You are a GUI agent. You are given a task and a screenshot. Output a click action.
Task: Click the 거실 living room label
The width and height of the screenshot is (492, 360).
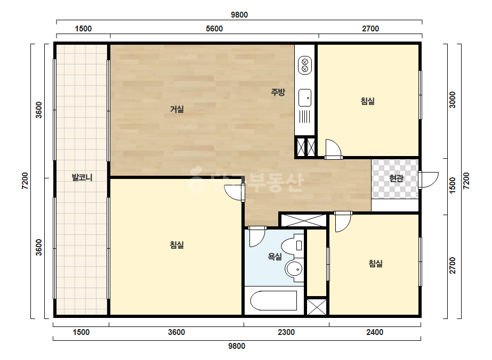click(x=176, y=109)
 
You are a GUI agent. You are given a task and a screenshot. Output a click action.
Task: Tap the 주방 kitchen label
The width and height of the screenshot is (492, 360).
click(x=278, y=92)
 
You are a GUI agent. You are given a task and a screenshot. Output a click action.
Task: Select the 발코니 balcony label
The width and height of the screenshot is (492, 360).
click(x=82, y=177)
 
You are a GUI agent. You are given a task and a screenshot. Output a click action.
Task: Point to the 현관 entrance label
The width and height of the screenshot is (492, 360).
click(x=396, y=178)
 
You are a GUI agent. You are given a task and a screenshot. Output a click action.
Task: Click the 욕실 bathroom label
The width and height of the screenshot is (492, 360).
click(x=275, y=257)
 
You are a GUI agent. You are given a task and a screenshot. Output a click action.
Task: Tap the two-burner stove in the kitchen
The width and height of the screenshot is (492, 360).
click(x=305, y=65)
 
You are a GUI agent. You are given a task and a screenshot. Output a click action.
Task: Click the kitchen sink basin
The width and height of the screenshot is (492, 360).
click(x=305, y=98)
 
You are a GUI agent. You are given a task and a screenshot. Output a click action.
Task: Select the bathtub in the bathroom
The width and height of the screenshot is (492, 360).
click(x=273, y=301)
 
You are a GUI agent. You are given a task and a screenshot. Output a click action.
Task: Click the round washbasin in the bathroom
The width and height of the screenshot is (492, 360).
click(x=294, y=269)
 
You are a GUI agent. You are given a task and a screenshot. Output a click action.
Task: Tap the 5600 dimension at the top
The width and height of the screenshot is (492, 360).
click(x=214, y=29)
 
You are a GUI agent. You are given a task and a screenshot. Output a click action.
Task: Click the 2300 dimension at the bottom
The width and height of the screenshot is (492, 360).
click(x=286, y=332)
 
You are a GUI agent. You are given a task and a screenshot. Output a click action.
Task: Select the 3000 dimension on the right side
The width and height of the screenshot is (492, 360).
click(x=452, y=100)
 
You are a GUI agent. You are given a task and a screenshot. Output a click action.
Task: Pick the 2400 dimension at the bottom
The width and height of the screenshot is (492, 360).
click(x=375, y=332)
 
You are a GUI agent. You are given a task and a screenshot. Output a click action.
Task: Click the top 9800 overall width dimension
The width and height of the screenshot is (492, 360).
click(x=239, y=15)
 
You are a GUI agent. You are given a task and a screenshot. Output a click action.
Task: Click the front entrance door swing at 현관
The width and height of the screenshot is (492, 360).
click(x=429, y=180)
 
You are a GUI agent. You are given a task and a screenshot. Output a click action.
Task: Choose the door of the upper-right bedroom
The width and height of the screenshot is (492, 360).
click(x=333, y=149)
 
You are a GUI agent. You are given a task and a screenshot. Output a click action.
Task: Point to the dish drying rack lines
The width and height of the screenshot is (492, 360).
click(x=305, y=117)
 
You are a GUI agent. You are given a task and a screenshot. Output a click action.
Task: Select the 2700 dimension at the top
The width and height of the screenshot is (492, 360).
click(x=370, y=29)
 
